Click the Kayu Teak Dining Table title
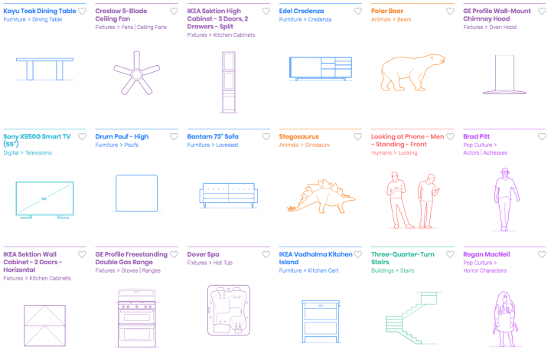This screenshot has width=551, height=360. point(40,11)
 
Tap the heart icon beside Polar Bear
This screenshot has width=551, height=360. point(450,11)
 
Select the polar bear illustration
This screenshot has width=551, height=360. point(412,73)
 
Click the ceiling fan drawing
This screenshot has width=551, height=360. point(137,73)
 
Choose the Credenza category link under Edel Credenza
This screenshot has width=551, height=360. point(319,19)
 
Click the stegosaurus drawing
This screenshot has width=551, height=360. point(321,196)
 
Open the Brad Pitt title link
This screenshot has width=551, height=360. point(476,136)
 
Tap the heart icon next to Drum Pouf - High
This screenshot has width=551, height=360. point(174,137)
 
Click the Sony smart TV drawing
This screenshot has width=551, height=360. point(44,200)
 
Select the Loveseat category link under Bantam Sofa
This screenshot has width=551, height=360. point(227,145)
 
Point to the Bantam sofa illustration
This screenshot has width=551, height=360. point(228,195)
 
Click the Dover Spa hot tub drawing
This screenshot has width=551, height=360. point(229,310)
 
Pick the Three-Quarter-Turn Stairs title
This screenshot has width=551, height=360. point(403,258)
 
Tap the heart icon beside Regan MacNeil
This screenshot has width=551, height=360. point(542,254)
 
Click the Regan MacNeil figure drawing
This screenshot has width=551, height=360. point(505,319)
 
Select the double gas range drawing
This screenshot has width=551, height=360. point(137,318)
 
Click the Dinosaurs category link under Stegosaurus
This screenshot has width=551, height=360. point(318,145)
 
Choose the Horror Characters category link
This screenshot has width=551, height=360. point(485,270)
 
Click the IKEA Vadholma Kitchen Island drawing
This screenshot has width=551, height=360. point(321,322)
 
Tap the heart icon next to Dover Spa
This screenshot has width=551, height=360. point(266,254)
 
